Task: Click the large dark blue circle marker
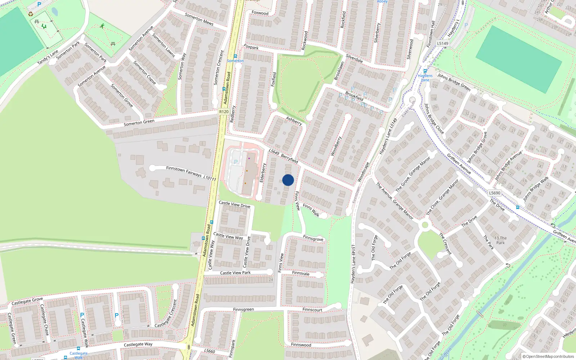point(288,180)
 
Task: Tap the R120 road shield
point(224,112)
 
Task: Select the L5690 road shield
point(495,193)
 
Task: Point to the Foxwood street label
point(260,13)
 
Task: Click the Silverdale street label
point(354,58)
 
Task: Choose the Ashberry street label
point(294,121)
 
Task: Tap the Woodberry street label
point(336,146)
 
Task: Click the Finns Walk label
point(311,210)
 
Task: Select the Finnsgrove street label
point(313,238)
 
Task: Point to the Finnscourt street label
point(312,310)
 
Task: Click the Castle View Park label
point(235,273)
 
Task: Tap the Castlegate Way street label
point(138,345)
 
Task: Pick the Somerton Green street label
point(139,122)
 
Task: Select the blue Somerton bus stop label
point(235,61)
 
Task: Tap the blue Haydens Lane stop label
point(425,77)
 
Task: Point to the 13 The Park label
point(500,240)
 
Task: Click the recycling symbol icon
point(31,14)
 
